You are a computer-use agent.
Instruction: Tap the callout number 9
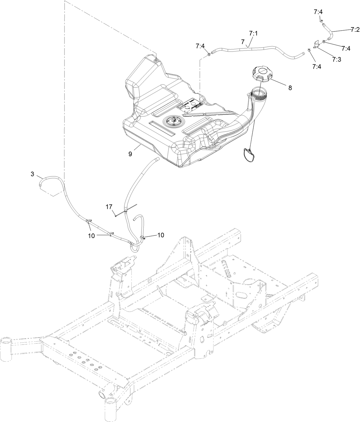click(130, 154)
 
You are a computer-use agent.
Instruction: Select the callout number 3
click(32, 174)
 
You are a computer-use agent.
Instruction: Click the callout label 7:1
click(253, 33)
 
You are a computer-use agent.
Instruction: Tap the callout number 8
click(290, 88)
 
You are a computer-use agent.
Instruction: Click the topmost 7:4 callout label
click(318, 12)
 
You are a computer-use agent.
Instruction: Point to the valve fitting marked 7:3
click(316, 44)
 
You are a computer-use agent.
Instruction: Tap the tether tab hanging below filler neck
click(249, 155)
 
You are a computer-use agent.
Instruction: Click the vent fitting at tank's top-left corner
click(156, 60)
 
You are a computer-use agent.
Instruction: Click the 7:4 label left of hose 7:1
click(200, 46)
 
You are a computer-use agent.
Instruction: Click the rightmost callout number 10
click(161, 235)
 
